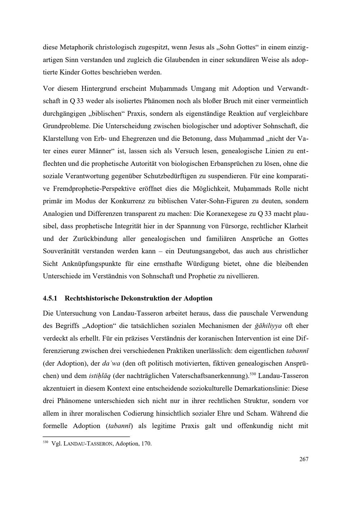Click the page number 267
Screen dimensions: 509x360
(303, 459)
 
